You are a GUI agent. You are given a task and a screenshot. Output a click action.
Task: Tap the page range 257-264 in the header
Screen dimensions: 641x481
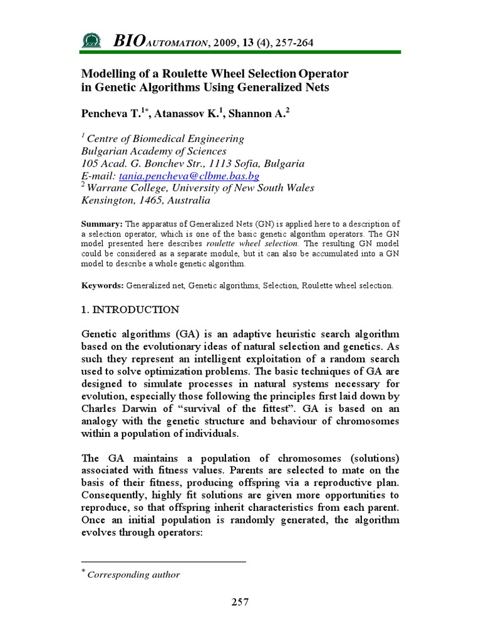292,43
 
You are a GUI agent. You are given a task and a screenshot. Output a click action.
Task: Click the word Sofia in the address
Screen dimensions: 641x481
226,164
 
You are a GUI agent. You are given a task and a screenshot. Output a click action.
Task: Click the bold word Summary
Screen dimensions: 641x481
102,224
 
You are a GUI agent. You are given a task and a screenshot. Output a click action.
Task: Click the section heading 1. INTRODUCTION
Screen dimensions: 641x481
130,310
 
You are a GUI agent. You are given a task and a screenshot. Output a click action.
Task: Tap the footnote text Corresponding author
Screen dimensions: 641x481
133,575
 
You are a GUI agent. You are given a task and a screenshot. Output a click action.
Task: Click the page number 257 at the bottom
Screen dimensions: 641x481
240,602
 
